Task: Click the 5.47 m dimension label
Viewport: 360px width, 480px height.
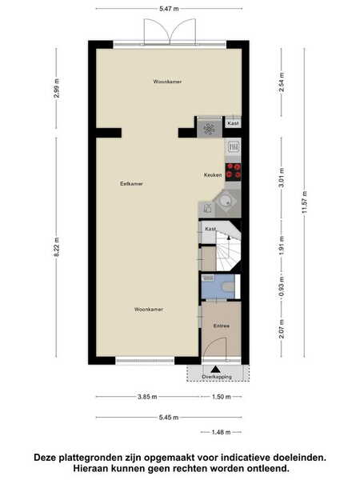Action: [169, 9]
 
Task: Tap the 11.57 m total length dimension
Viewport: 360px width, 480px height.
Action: [304, 202]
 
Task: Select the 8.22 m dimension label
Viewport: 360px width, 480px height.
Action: [57, 247]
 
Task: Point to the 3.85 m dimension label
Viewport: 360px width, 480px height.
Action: [147, 397]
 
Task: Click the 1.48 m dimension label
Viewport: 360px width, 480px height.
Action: [221, 432]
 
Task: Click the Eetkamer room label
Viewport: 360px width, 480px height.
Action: [132, 184]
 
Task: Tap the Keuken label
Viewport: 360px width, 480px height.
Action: [213, 175]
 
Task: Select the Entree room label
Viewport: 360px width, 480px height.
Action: [222, 326]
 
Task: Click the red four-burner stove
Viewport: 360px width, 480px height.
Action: [234, 172]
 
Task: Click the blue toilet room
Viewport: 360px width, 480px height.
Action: [218, 286]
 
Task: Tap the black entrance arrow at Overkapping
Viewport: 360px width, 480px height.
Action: [215, 370]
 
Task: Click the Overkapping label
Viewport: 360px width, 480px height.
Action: [217, 377]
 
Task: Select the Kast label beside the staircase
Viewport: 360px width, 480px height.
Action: [210, 229]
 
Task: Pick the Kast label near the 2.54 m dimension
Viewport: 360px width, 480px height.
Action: [233, 123]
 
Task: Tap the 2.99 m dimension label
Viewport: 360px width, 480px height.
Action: [57, 89]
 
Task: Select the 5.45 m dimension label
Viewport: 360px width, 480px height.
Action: [169, 418]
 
